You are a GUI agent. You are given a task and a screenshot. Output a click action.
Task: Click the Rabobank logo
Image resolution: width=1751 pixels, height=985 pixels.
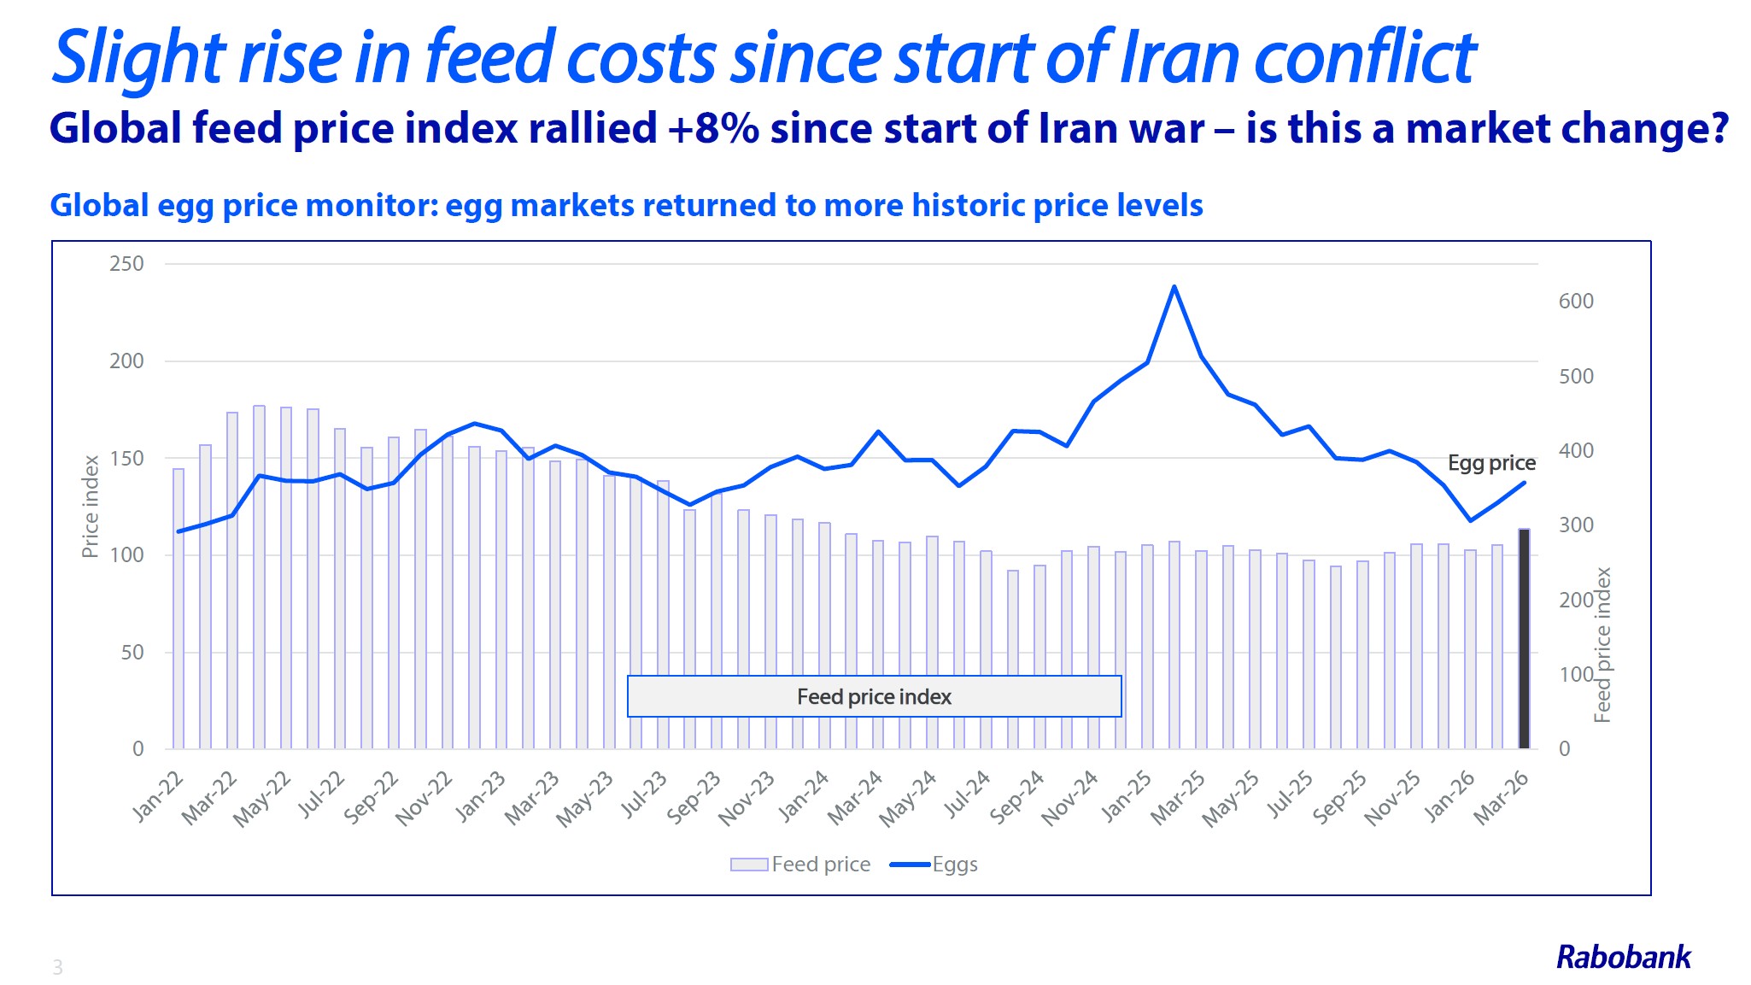[1623, 957]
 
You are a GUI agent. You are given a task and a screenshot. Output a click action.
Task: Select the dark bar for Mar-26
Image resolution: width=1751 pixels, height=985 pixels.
[1524, 639]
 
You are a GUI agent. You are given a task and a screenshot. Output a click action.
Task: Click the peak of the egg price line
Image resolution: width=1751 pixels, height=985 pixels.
[1174, 287]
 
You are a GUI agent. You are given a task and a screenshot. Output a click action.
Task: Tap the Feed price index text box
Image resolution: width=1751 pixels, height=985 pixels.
[874, 696]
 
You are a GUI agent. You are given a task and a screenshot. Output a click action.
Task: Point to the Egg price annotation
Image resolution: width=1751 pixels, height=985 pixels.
[1491, 463]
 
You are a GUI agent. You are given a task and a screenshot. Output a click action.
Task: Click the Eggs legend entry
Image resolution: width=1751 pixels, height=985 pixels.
[934, 865]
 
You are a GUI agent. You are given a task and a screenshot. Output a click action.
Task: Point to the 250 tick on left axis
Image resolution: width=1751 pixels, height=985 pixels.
[126, 264]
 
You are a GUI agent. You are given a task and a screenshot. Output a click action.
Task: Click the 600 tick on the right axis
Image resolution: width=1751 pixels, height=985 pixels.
[1576, 302]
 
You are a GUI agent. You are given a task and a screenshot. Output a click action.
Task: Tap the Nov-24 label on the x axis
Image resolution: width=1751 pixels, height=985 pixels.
[1069, 798]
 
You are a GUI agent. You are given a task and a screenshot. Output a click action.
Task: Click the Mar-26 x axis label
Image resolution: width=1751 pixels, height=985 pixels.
[1502, 798]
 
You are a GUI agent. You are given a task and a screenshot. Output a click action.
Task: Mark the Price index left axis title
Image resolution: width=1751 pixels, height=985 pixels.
[90, 506]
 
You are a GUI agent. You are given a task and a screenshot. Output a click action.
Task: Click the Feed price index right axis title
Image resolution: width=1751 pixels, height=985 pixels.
[1603, 645]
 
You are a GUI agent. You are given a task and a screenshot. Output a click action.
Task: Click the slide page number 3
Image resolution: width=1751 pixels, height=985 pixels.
[57, 967]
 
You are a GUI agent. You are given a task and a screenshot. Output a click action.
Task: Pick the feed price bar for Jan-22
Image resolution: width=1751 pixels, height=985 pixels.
[179, 608]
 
